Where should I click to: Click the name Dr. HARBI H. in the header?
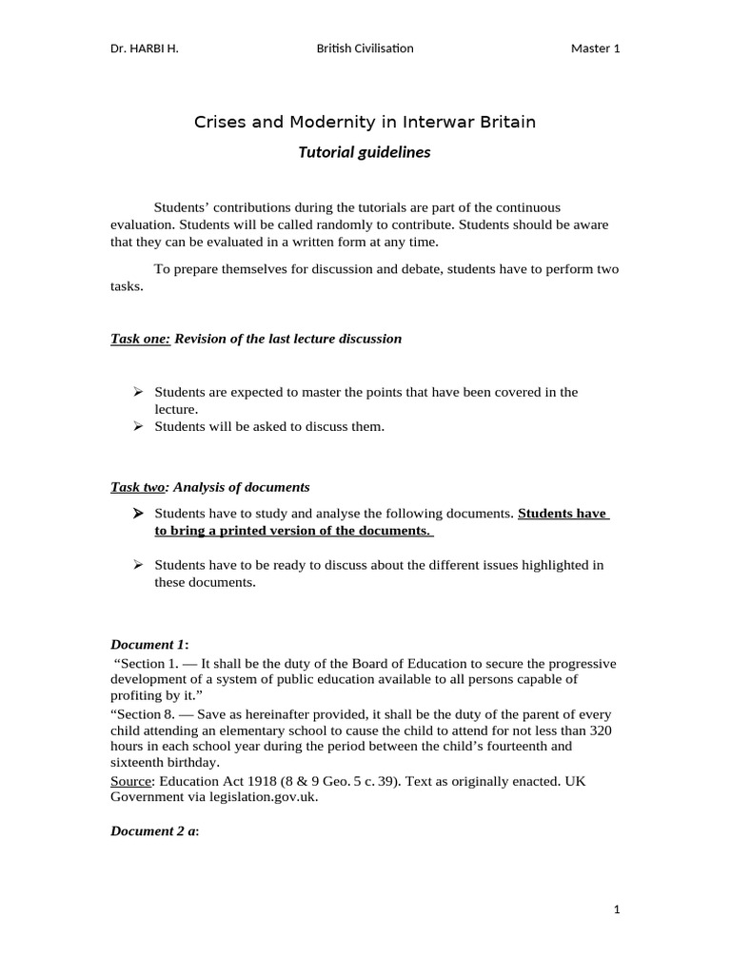point(144,49)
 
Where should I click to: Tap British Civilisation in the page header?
point(365,49)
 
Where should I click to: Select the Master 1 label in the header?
point(595,49)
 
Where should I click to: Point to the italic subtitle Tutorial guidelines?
point(365,152)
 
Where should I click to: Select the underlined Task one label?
point(141,339)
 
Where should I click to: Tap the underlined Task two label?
point(138,487)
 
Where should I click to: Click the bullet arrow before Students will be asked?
point(138,426)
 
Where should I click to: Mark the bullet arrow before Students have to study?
point(138,513)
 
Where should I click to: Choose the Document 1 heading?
point(151,645)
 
